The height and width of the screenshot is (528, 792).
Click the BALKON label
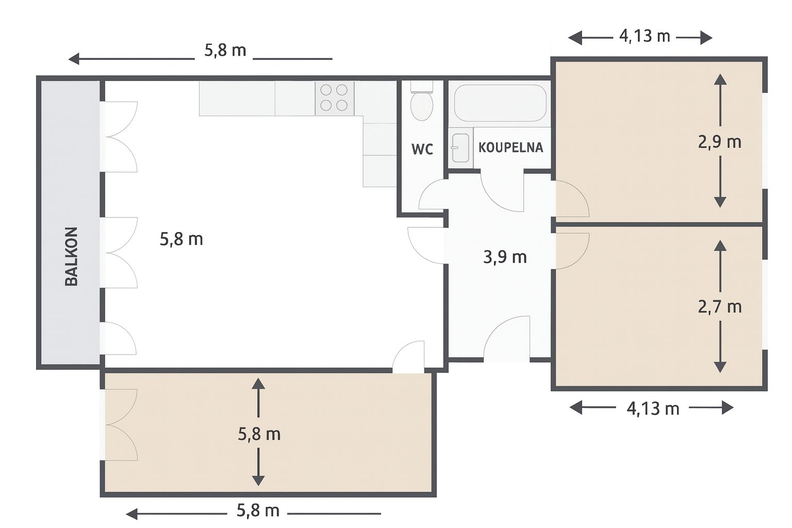click(x=72, y=256)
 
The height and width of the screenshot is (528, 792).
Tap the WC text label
click(x=422, y=149)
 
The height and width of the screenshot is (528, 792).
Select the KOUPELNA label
click(x=510, y=147)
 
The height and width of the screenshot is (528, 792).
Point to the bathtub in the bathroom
click(x=500, y=103)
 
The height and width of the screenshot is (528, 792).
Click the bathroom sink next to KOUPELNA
click(x=460, y=148)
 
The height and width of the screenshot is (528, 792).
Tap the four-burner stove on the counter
click(x=334, y=98)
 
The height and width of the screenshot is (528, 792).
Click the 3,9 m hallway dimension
click(x=505, y=257)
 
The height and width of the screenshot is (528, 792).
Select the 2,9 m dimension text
click(x=719, y=142)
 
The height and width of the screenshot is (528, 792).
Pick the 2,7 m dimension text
click(x=719, y=307)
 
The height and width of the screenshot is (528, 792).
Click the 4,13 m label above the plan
click(x=645, y=37)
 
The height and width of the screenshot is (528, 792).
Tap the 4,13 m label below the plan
click(x=653, y=409)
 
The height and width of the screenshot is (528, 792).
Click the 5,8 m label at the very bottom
click(x=258, y=510)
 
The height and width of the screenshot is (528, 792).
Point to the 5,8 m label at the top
click(x=225, y=51)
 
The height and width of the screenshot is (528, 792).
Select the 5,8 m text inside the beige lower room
click(x=259, y=434)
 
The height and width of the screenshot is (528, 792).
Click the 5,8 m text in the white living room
click(x=181, y=239)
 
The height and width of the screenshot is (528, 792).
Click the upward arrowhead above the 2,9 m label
click(x=720, y=79)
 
